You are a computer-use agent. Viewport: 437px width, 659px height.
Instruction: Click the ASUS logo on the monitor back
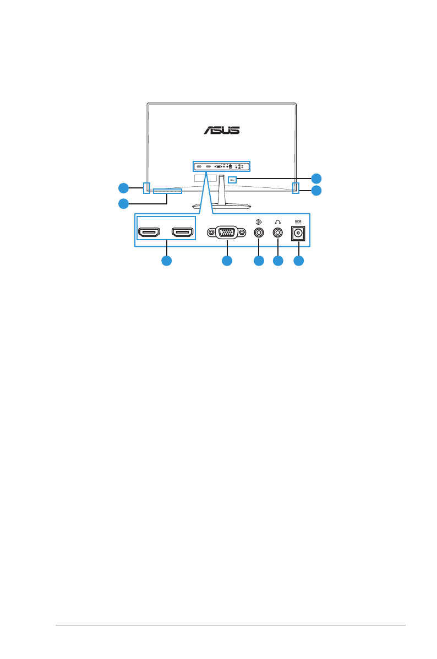coord(222,130)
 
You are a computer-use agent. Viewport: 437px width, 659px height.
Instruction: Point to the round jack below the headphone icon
coord(278,233)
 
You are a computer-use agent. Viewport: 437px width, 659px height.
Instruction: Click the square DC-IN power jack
coord(298,234)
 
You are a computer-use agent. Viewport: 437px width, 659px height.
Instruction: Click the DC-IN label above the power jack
coord(298,222)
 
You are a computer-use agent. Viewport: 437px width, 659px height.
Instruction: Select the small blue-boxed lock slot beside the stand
coord(232,179)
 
